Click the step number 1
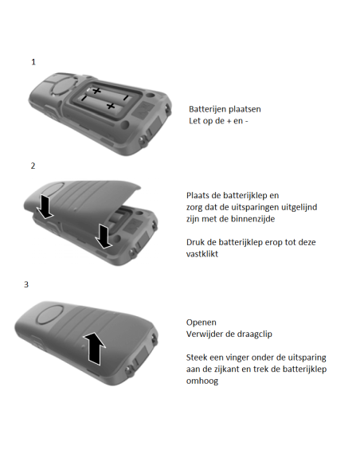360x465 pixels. pos(33,61)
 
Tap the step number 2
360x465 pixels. pos(33,166)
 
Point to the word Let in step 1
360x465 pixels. pos(195,121)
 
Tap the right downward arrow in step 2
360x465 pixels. pos(102,235)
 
